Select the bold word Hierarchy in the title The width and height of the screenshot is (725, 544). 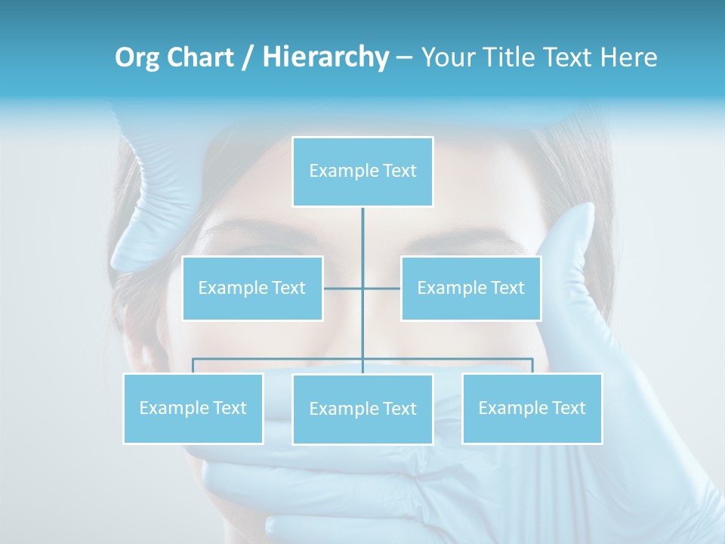325,57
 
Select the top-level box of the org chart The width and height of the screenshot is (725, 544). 362,172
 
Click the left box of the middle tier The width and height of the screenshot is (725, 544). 252,288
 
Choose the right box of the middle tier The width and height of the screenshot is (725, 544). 470,288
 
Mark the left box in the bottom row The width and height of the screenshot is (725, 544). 193,408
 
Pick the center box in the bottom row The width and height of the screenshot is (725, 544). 362,409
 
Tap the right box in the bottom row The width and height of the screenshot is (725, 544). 532,408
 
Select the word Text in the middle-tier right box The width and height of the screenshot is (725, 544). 507,288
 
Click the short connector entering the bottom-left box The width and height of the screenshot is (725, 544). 193,366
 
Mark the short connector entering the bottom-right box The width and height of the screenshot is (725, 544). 532,366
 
